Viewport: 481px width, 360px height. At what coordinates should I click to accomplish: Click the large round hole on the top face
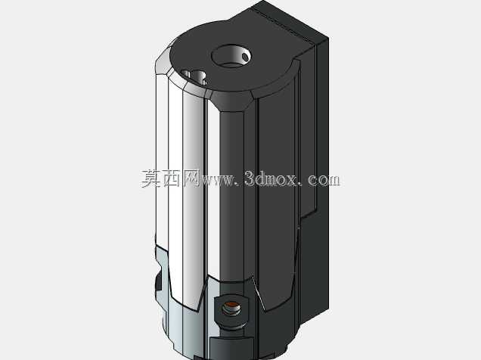tap(231, 56)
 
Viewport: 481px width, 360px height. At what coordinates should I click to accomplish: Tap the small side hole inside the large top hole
tap(245, 57)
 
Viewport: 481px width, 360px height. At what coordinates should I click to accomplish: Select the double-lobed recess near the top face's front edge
tap(194, 77)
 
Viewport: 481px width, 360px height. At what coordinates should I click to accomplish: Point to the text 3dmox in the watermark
tap(271, 178)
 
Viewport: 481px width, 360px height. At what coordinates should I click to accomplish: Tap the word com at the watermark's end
tap(324, 180)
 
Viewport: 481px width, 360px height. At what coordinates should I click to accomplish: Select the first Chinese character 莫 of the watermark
tap(151, 178)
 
